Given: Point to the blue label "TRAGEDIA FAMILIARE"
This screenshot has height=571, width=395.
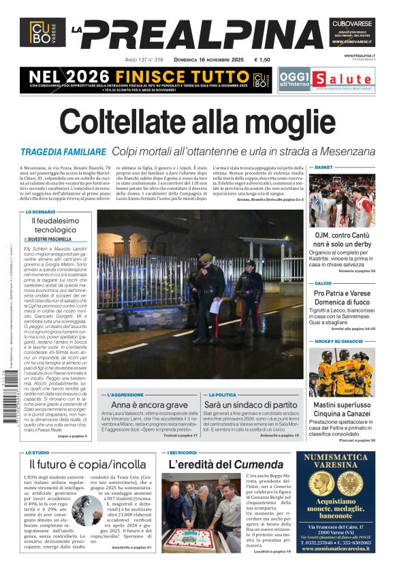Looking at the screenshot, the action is coord(63,152).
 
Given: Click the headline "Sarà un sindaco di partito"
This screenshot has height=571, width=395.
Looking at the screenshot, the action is coord(250,405).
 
